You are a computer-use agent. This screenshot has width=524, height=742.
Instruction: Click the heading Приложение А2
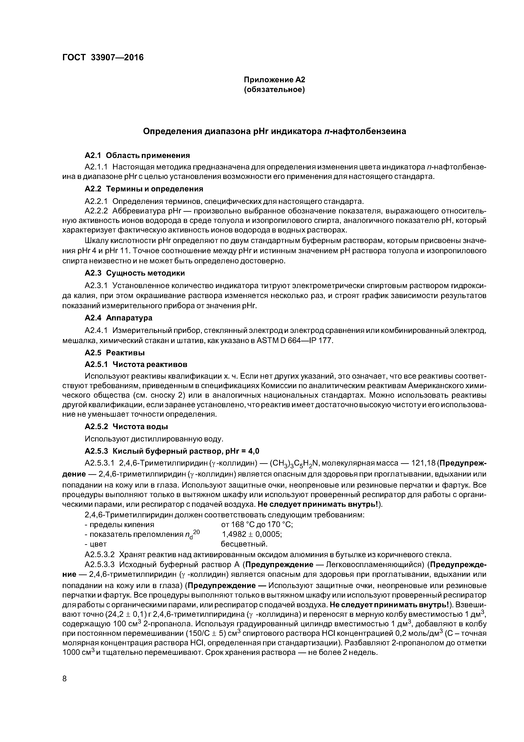pos(274,80)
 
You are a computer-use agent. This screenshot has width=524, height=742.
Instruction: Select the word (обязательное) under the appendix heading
pos(274,89)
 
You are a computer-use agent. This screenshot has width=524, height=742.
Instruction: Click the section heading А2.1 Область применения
pos(137,155)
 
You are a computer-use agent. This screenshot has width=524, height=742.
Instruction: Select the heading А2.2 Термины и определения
pos(144,189)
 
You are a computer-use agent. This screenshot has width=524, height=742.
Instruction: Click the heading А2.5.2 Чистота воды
pos(126,427)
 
